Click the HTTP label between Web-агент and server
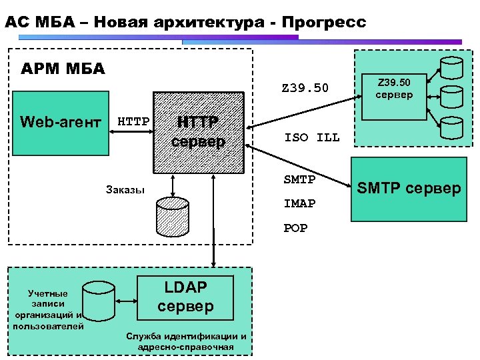pyautogui.click(x=133, y=121)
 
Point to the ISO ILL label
pyautogui.click(x=311, y=138)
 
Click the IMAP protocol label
pyautogui.click(x=299, y=203)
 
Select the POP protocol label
pyautogui.click(x=295, y=228)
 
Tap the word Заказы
pyautogui.click(x=125, y=189)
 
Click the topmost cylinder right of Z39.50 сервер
pyautogui.click(x=451, y=68)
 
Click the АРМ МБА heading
pyautogui.click(x=63, y=69)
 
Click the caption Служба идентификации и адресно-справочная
pyautogui.click(x=186, y=341)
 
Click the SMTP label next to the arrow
pyautogui.click(x=299, y=179)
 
